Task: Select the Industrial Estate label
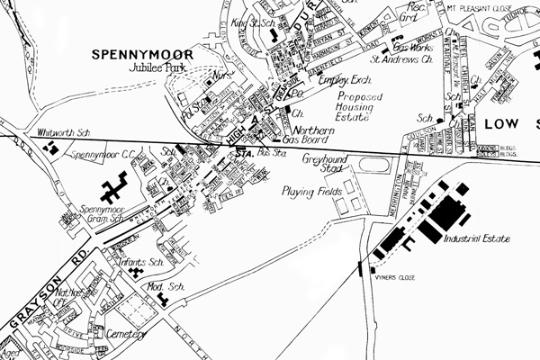coord(482,239)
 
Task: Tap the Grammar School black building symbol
coord(112,192)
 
